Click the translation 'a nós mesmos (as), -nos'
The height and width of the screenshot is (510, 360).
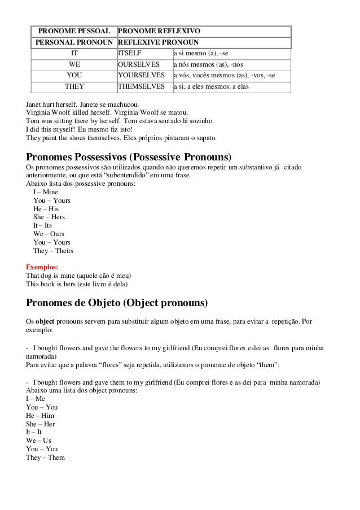208,64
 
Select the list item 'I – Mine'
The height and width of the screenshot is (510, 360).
46,192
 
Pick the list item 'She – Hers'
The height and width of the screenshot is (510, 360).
49,216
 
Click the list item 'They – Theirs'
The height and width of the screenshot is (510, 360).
53,251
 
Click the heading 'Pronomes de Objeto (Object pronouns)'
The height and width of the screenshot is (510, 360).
117,303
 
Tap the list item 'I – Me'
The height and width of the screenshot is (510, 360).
37,398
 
